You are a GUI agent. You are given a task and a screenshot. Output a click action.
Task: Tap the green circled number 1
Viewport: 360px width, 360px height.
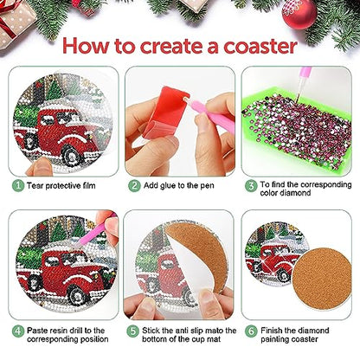click(17, 184)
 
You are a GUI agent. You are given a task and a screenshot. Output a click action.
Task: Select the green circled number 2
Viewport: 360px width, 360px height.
click(135, 184)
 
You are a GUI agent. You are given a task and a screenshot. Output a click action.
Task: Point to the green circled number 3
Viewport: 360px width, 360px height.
click(252, 184)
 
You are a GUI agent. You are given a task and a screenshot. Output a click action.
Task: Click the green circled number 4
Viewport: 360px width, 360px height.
click(17, 330)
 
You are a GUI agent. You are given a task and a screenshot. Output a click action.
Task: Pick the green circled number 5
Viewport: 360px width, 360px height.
click(135, 330)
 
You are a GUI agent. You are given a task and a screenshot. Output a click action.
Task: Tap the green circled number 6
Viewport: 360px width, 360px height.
click(252, 330)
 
